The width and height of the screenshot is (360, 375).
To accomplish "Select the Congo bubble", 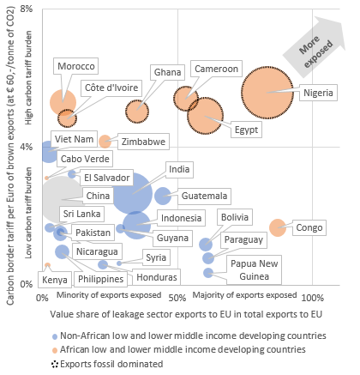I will (x=278, y=227).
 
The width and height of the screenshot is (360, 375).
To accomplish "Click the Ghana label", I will (x=167, y=73).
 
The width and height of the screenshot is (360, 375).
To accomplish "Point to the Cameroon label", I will (x=214, y=69).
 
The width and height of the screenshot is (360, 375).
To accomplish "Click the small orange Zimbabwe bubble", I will (x=105, y=141).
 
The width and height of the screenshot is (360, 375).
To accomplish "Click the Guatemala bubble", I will (x=162, y=196).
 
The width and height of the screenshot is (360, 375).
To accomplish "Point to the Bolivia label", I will (x=236, y=218).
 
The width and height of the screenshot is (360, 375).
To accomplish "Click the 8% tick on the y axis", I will (x=27, y=9).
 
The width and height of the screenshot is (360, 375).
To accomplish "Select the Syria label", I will (x=156, y=257).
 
